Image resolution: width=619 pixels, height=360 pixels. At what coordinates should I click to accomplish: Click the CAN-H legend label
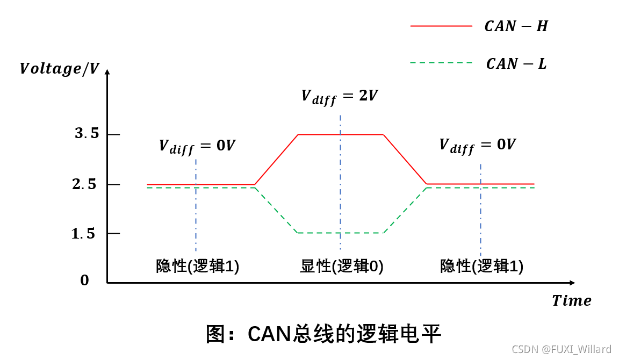pyautogui.click(x=516, y=26)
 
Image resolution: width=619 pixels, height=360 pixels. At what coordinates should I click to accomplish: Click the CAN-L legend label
pyautogui.click(x=516, y=63)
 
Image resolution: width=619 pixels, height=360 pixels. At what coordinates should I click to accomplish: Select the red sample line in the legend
pyautogui.click(x=441, y=26)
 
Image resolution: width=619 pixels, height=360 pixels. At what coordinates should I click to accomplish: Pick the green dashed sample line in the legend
pyautogui.click(x=441, y=63)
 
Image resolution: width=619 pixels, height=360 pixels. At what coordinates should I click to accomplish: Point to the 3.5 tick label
pyautogui.click(x=87, y=134)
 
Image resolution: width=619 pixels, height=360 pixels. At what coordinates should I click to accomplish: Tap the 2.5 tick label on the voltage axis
pyautogui.click(x=84, y=184)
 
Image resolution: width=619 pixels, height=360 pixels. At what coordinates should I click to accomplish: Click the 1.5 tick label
pyautogui.click(x=83, y=234)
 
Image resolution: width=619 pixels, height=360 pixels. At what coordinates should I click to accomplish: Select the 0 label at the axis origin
pyautogui.click(x=84, y=280)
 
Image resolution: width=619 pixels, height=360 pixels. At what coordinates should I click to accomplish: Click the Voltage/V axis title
pyautogui.click(x=59, y=69)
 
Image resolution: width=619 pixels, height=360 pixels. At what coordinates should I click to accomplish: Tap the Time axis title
pyautogui.click(x=571, y=300)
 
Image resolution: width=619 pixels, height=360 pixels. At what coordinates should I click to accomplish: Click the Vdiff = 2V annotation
pyautogui.click(x=339, y=96)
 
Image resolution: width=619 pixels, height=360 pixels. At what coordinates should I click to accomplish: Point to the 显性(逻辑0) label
pyautogui.click(x=342, y=266)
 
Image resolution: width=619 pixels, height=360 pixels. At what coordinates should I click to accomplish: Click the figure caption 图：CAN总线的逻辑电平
pyautogui.click(x=323, y=334)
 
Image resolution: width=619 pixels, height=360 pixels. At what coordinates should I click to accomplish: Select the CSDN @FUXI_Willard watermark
pyautogui.click(x=562, y=349)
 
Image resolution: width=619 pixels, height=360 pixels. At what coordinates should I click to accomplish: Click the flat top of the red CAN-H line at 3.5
pyautogui.click(x=322, y=134)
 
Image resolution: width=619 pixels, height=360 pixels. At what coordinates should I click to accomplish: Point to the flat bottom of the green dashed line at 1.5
pyautogui.click(x=322, y=233)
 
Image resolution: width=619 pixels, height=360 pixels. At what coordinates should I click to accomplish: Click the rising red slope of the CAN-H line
pyautogui.click(x=276, y=160)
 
